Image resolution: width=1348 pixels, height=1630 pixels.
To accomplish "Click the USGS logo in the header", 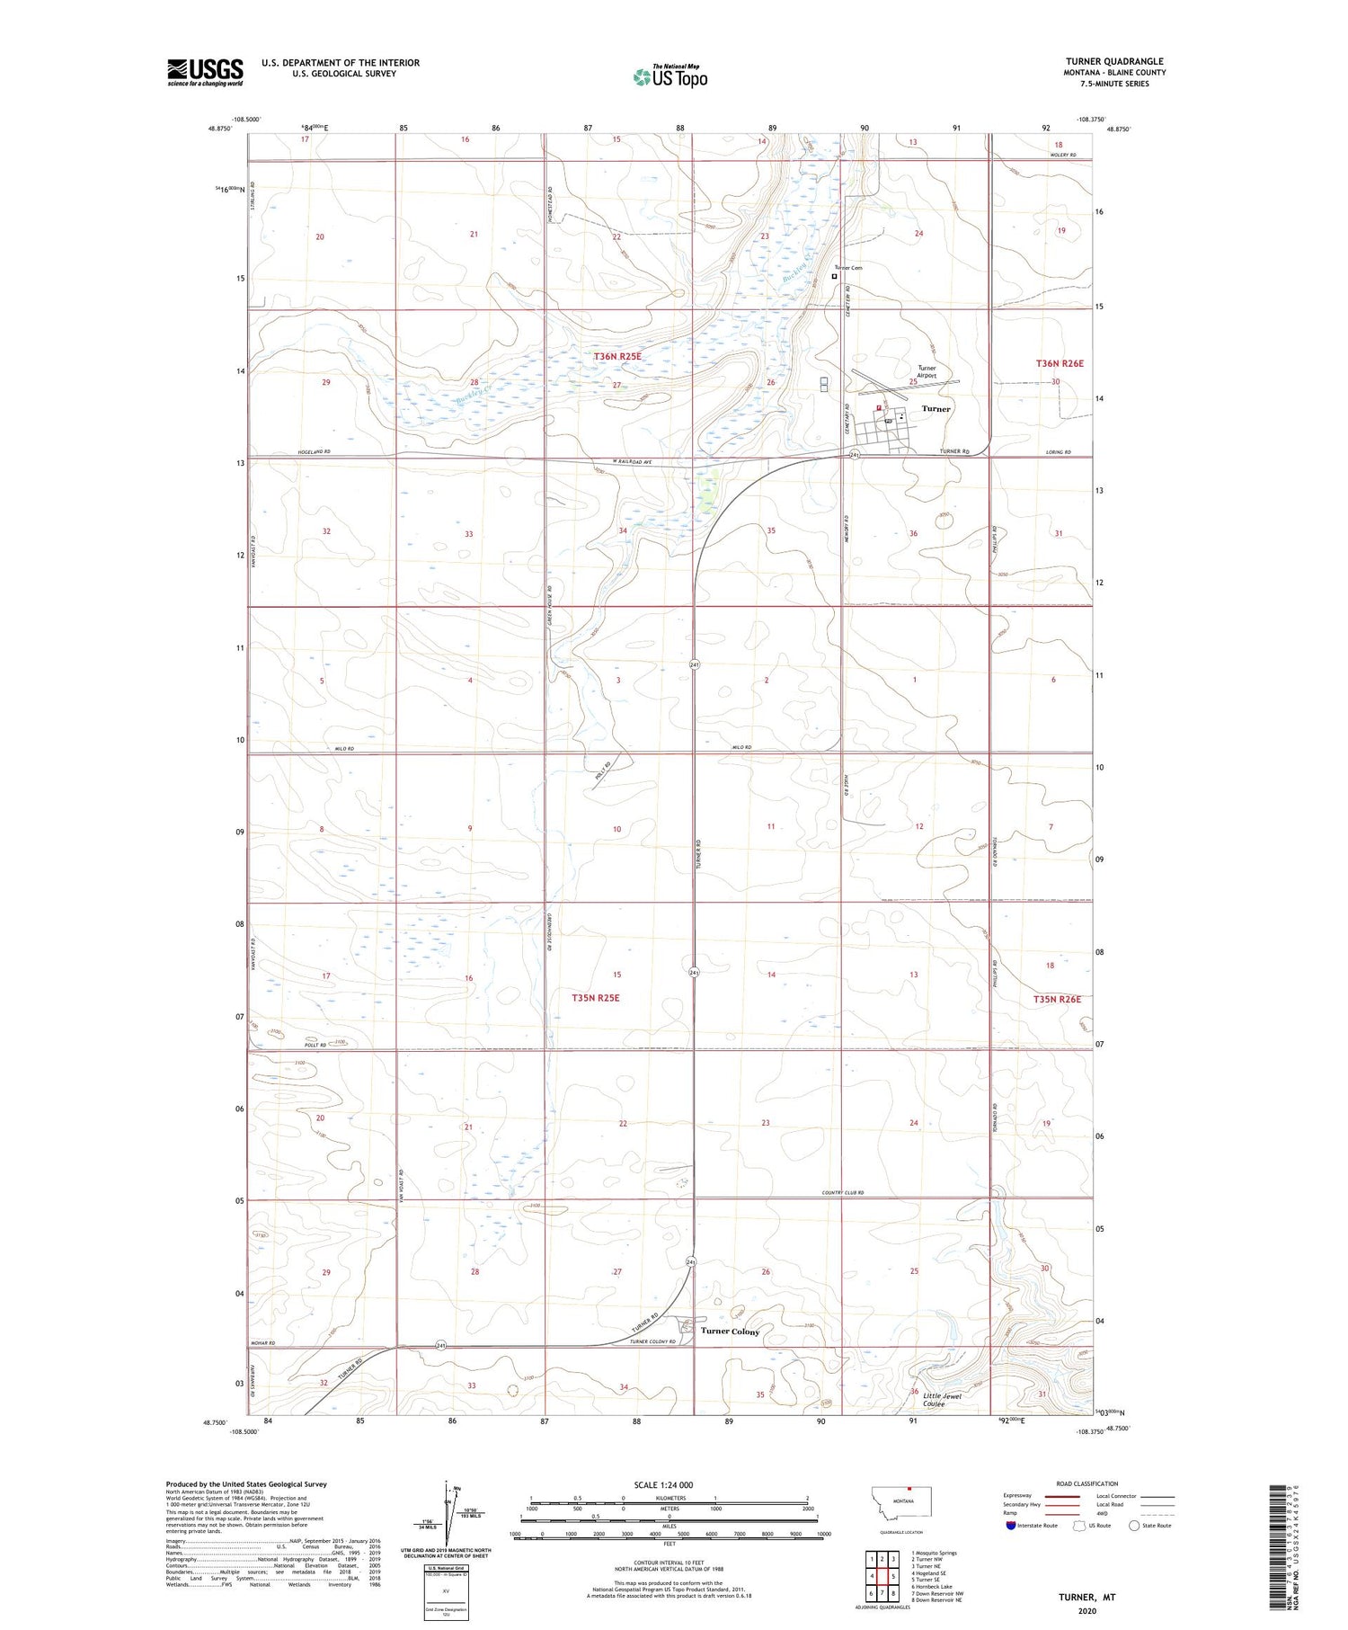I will (205, 72).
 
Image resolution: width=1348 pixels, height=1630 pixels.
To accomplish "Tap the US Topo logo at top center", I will (670, 77).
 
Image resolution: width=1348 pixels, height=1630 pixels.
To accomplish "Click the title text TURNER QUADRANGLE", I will (1114, 61).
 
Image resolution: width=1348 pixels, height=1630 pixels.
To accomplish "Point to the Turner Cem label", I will (847, 268).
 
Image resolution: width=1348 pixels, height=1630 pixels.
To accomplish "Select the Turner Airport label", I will (927, 371).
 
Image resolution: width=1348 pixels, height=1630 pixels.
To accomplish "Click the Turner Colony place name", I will (730, 1332).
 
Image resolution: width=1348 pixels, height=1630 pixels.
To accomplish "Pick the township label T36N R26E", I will (1060, 363).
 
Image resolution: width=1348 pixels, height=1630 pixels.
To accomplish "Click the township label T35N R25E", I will (596, 998).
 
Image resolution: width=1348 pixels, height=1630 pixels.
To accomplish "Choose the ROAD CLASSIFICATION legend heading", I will (1087, 1483).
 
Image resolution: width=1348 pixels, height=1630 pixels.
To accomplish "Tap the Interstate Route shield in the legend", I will (1011, 1526).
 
